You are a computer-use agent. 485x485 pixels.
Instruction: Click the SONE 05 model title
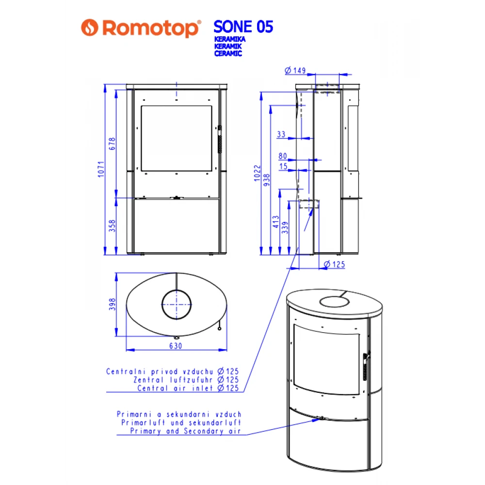[243, 27]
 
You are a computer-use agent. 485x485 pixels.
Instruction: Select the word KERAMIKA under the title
[229, 38]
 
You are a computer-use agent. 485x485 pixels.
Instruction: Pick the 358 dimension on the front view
[113, 226]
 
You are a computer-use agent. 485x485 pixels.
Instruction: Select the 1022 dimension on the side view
[258, 174]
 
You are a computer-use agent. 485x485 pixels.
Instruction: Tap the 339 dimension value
[285, 226]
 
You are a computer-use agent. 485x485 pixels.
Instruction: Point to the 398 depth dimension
[113, 304]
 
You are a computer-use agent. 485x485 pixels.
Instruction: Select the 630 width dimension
[176, 346]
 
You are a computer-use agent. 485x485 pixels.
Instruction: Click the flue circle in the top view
[177, 304]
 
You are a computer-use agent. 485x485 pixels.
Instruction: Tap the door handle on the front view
[219, 139]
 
